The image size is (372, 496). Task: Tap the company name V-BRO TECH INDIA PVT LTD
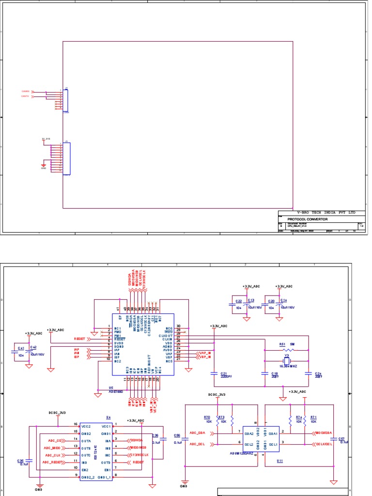[x=320, y=213]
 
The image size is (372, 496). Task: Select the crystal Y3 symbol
[x=286, y=360]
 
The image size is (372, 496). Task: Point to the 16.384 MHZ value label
[x=289, y=367]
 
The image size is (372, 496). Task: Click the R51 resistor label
[x=282, y=344]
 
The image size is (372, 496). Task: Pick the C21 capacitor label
[x=224, y=373]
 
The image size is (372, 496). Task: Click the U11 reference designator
[x=279, y=461]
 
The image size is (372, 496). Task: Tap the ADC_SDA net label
[x=198, y=432]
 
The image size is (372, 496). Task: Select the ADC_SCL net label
[x=198, y=444]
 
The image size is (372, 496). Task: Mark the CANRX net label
[x=25, y=91]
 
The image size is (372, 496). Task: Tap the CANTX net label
[x=25, y=96]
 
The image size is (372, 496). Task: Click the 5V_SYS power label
[x=46, y=139]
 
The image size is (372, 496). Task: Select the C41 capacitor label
[x=21, y=348]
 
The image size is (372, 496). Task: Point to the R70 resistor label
[x=207, y=417]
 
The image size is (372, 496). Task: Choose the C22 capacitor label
[x=239, y=301]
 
